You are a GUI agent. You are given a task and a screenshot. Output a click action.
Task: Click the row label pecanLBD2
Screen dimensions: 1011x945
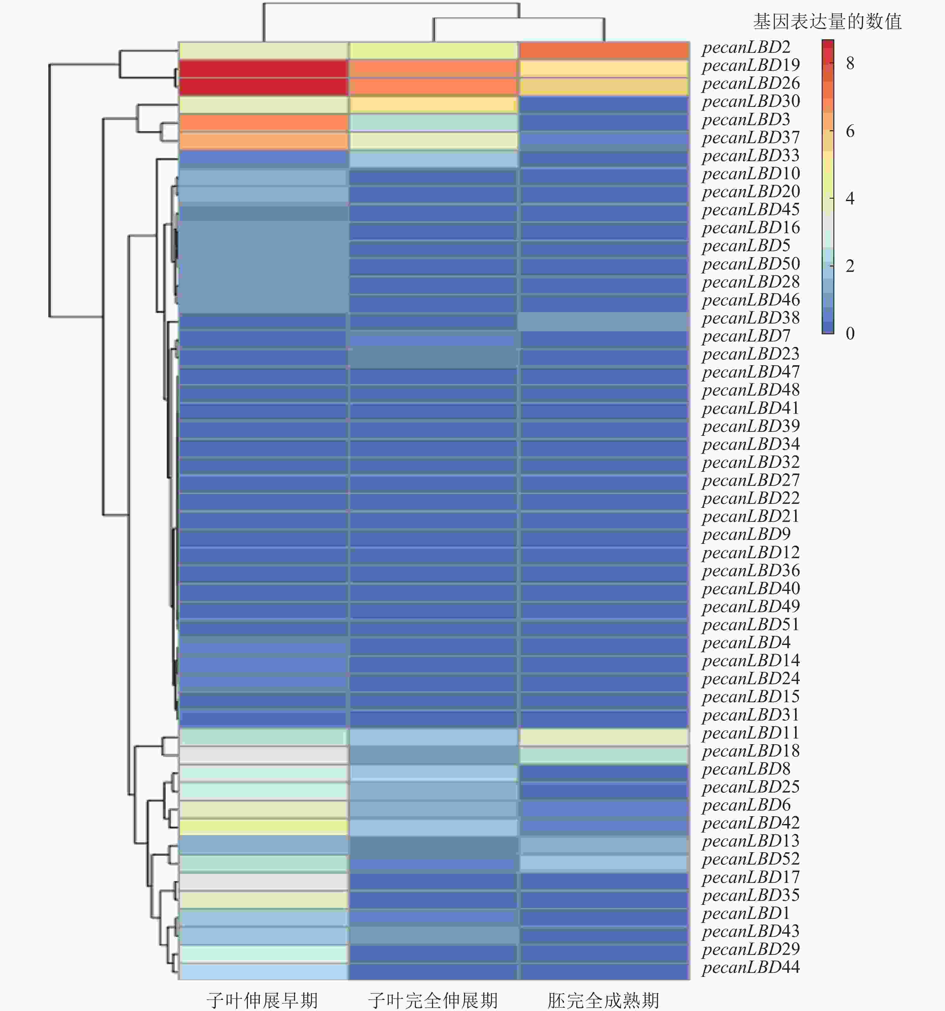click(746, 47)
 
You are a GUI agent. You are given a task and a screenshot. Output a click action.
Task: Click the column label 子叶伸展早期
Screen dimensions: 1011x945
click(262, 1000)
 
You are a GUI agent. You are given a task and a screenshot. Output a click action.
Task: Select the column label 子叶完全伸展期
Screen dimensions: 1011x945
click(433, 1000)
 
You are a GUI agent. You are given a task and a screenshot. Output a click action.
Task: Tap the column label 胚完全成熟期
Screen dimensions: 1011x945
click(603, 1000)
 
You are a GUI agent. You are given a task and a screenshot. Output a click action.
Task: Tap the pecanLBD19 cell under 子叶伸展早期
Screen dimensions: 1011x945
click(263, 69)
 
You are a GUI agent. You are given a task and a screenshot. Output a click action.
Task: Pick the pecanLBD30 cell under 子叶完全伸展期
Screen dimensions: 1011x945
click(433, 105)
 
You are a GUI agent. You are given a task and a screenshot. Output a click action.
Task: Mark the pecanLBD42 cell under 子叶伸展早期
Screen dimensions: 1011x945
click(263, 826)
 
